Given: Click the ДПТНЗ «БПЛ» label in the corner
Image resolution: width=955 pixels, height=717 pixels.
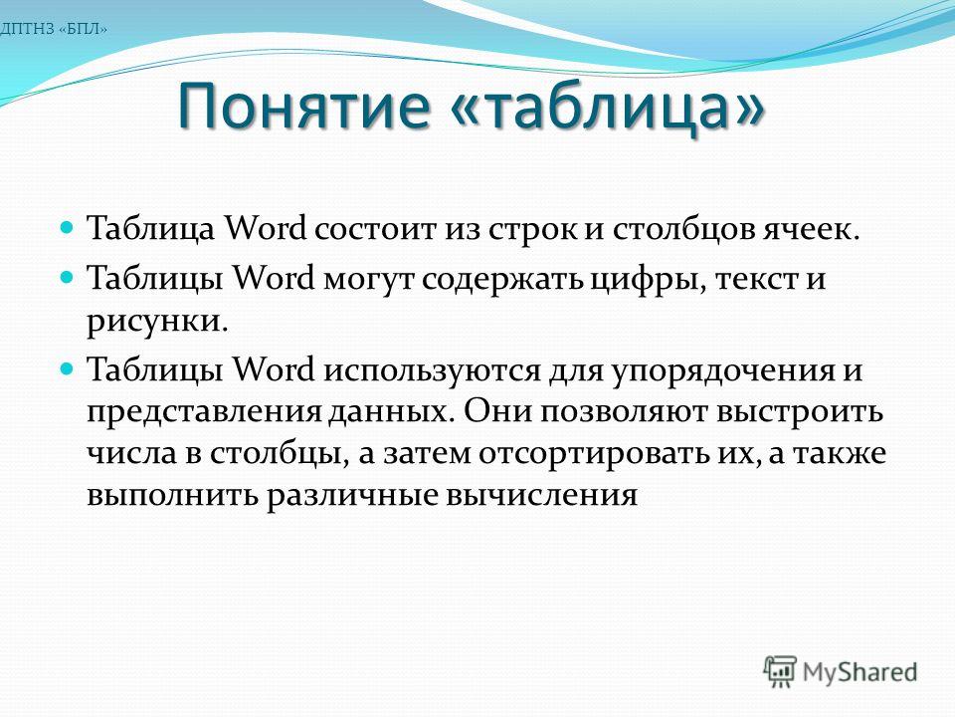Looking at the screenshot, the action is [54, 29].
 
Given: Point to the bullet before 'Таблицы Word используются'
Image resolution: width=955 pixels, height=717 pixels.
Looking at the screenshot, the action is [68, 369].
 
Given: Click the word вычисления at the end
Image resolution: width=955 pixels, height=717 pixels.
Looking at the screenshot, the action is [542, 496].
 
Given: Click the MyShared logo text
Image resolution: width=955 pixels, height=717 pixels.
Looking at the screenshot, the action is [859, 672].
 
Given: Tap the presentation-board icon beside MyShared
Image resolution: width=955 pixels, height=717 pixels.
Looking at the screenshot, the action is [781, 671].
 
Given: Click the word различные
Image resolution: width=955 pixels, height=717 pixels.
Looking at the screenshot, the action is [351, 496].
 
